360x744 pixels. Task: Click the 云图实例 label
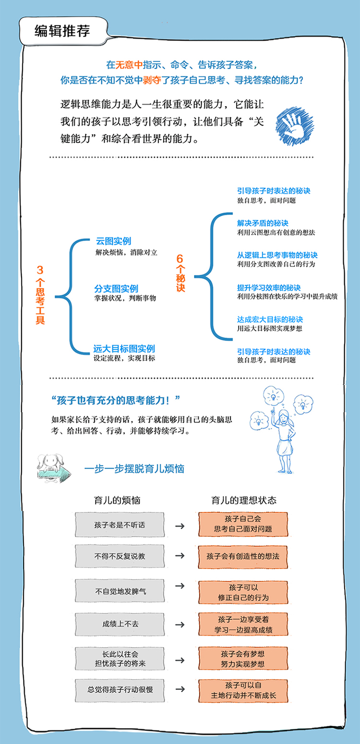click(113, 241)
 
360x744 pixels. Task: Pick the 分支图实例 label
click(116, 288)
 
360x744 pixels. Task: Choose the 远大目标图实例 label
click(124, 349)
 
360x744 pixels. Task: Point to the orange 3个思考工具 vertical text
click(40, 296)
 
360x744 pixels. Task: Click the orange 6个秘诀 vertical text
click(180, 273)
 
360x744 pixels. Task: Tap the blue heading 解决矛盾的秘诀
click(262, 223)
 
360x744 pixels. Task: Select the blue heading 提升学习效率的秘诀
click(269, 288)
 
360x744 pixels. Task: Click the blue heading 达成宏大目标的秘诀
click(270, 319)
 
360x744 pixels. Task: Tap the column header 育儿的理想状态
click(244, 500)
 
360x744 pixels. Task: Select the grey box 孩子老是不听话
click(120, 525)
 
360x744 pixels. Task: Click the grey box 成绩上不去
click(120, 625)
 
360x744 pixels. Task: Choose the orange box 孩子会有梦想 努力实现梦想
click(243, 659)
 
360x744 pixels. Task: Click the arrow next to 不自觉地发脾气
click(180, 586)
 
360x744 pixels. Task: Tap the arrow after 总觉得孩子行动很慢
click(180, 690)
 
